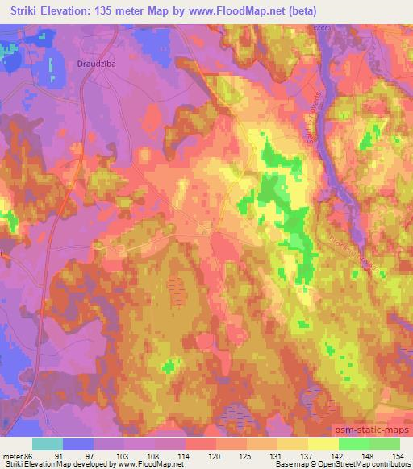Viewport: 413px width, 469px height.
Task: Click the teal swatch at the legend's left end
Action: click(48, 444)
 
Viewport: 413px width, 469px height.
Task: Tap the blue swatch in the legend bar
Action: click(77, 444)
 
